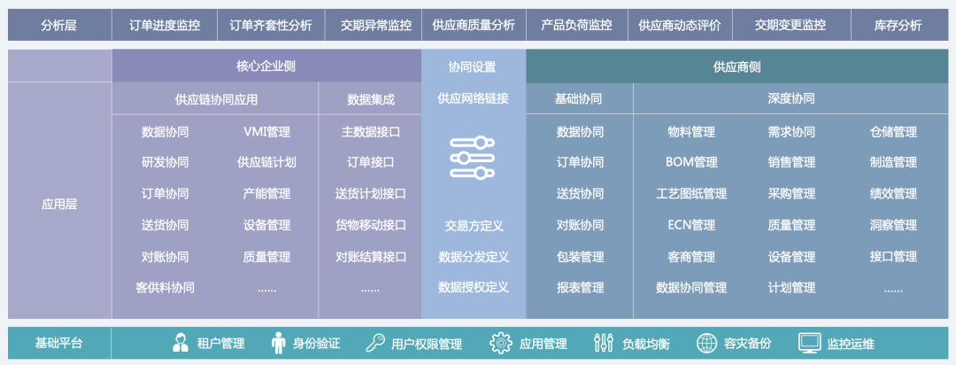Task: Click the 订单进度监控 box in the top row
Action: coord(165,25)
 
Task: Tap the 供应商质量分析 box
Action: coord(474,25)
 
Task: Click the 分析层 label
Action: coord(58,25)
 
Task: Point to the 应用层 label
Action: coord(59,204)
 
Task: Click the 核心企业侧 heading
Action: coord(266,66)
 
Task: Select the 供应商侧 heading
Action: coord(736,66)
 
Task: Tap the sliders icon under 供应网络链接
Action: coord(473,158)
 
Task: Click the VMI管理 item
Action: coord(266,132)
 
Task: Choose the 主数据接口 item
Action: coord(371,132)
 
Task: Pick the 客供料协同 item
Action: coord(165,287)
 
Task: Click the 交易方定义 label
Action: coord(474,226)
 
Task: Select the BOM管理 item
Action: coord(691,162)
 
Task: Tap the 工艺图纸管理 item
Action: coord(691,193)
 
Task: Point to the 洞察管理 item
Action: coord(893,225)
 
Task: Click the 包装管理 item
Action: coord(580,257)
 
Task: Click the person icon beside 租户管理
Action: coord(181,343)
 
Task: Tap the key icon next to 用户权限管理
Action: coord(374,343)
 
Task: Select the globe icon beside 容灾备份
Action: coord(706,343)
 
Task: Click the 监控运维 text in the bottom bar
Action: coord(851,343)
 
